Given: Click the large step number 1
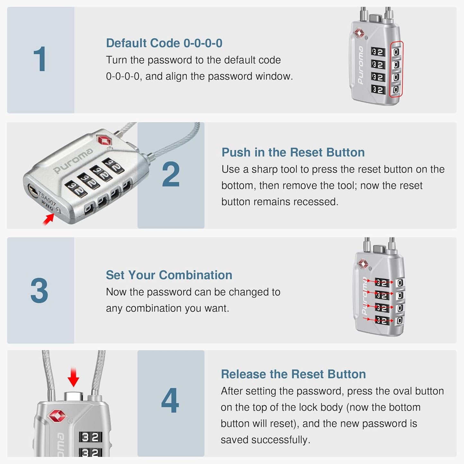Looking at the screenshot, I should (x=40, y=59).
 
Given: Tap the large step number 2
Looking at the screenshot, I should (x=171, y=175).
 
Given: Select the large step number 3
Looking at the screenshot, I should (x=39, y=291).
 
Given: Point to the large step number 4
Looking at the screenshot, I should (x=170, y=400).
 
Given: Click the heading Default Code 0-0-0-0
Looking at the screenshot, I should (x=164, y=43).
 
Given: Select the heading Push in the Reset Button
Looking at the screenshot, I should (x=293, y=152).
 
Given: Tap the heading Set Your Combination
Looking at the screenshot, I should (x=169, y=275).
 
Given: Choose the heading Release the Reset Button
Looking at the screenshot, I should (x=293, y=374).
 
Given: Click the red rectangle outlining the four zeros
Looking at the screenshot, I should (x=396, y=69).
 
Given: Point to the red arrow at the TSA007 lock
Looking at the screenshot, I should (x=48, y=219).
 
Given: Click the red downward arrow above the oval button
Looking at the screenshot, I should (x=74, y=378).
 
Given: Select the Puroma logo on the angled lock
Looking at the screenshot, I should (x=73, y=161).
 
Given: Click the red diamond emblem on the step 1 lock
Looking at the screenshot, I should (x=359, y=33).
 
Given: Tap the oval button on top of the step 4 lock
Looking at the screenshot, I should (x=74, y=396).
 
